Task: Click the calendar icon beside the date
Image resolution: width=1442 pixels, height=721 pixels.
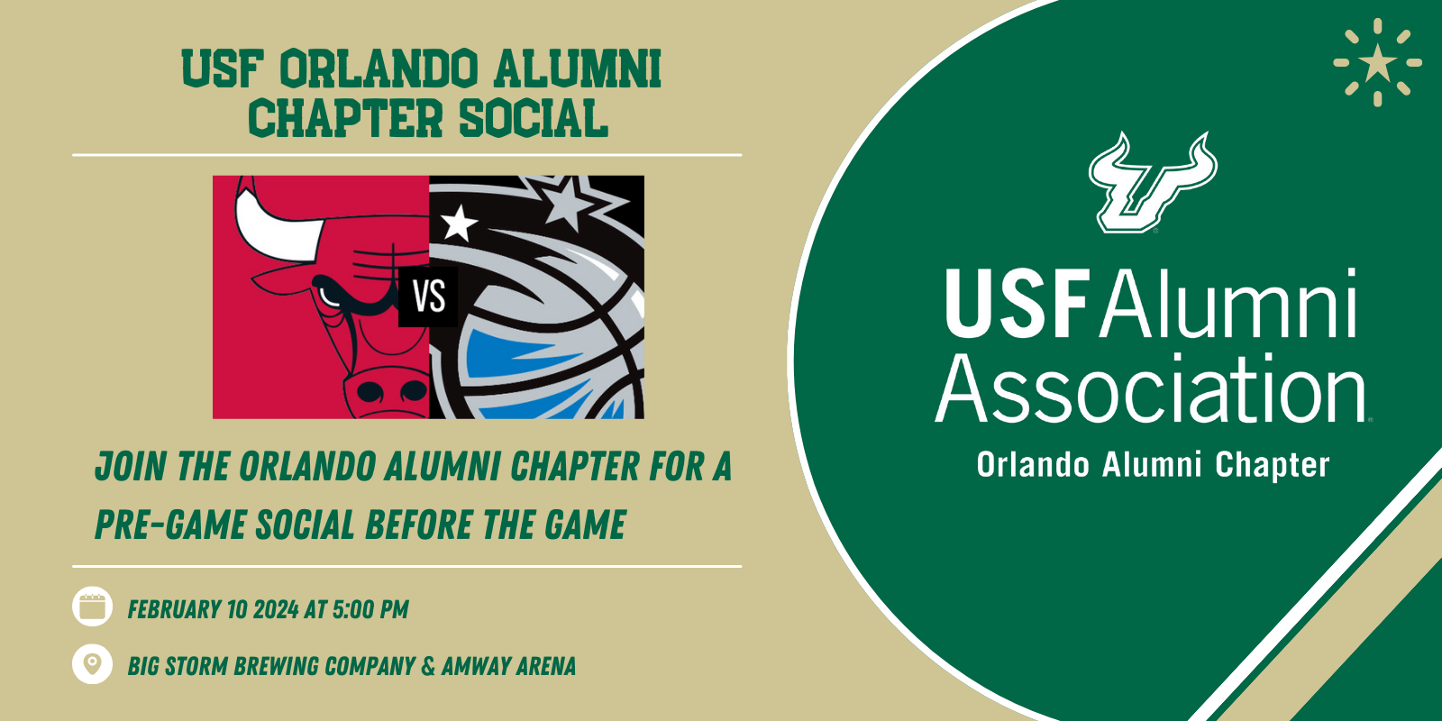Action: coord(92,607)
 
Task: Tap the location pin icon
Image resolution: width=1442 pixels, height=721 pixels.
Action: coord(92,663)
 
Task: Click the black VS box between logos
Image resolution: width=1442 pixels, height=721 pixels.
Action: coord(428,297)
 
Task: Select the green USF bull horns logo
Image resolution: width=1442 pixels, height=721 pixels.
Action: coord(1153,182)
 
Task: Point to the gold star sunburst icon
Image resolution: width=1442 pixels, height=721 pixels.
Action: coord(1378,62)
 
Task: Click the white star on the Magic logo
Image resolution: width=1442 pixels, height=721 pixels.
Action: coord(459,223)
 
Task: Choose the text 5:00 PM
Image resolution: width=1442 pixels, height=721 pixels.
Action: coord(370,609)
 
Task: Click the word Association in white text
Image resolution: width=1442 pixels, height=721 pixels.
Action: coord(1151,388)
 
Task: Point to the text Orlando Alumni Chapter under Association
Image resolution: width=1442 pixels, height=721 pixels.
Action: coord(1153,465)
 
